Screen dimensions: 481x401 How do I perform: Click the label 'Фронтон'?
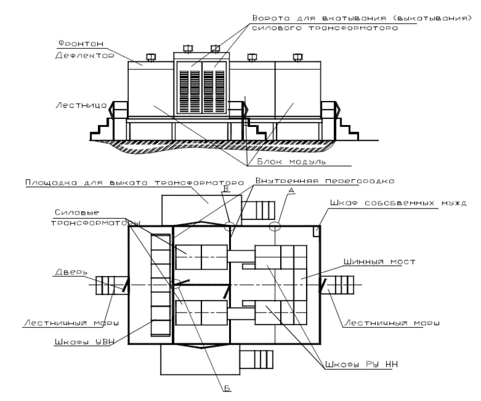click(x=81, y=43)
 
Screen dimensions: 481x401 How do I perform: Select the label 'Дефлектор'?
click(x=85, y=55)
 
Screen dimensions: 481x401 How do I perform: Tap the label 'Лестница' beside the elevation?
click(x=81, y=105)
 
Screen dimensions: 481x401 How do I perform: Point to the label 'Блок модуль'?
click(x=291, y=161)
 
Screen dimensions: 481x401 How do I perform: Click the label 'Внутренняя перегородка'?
click(x=325, y=181)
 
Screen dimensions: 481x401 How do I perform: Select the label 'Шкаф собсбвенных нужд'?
click(x=398, y=203)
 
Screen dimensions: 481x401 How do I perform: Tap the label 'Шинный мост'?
click(x=379, y=262)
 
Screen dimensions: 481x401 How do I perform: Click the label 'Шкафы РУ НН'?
click(x=361, y=364)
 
